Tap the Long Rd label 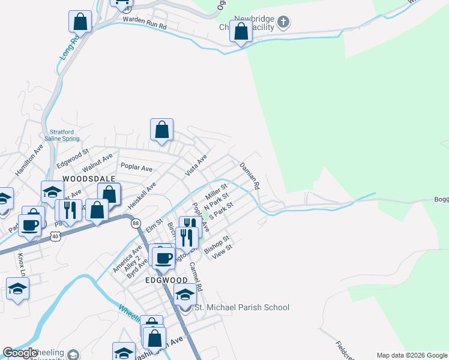pyautogui.click(x=70, y=48)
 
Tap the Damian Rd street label pyautogui.click(x=249, y=175)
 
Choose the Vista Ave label pyautogui.click(x=196, y=164)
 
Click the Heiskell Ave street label pyautogui.click(x=142, y=193)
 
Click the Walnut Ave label pyautogui.click(x=97, y=163)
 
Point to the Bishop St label pyautogui.click(x=217, y=245)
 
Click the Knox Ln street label pyautogui.click(x=22, y=263)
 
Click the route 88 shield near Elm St pyautogui.click(x=136, y=223)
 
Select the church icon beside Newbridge pyautogui.click(x=283, y=23)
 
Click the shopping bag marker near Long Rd pyautogui.click(x=80, y=22)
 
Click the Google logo pyautogui.click(x=20, y=353)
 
